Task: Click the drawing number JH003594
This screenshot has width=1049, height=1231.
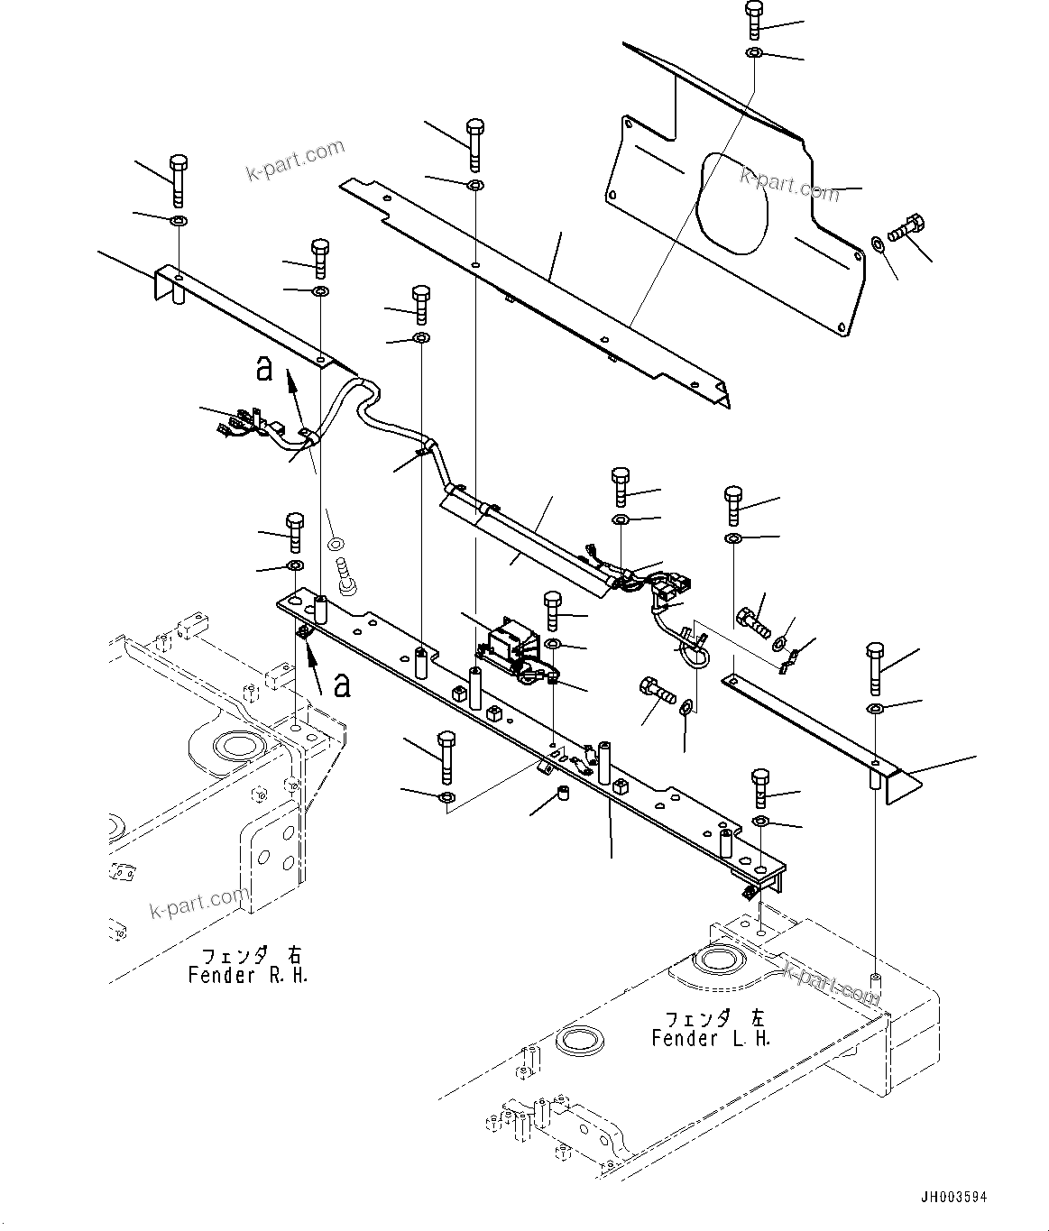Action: [x=953, y=1198]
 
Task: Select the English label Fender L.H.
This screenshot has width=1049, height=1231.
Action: [x=711, y=1038]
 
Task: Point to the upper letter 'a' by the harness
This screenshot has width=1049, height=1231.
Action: [x=263, y=369]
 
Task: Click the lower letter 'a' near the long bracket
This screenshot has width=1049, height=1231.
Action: [x=341, y=688]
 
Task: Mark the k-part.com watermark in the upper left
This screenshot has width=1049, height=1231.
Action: [x=296, y=160]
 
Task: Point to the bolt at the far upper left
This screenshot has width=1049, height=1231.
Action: [x=178, y=178]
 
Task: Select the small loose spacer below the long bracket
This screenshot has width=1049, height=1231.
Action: [x=562, y=795]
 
